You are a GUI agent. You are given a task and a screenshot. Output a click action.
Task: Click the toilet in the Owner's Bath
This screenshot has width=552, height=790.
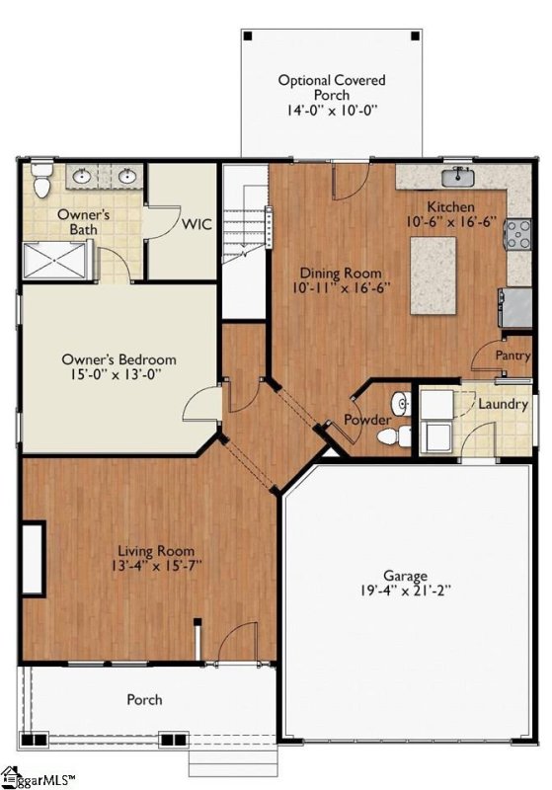point(41,179)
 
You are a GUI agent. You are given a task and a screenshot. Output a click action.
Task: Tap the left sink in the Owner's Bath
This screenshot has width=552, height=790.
point(82,177)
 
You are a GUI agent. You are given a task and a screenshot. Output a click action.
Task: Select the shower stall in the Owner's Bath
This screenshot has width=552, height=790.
point(55,260)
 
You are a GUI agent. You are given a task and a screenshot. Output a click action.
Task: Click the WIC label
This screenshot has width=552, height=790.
point(197,224)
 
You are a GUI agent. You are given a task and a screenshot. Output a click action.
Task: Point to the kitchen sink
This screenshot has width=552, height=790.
point(458,178)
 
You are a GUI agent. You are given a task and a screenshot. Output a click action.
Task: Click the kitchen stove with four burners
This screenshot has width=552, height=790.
point(517,234)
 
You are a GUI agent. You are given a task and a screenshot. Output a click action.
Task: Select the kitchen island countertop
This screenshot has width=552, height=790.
point(434,276)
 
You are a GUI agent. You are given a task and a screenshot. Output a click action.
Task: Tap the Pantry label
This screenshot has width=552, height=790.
point(513,355)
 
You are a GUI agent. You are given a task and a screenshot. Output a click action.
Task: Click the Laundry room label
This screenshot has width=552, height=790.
point(503,404)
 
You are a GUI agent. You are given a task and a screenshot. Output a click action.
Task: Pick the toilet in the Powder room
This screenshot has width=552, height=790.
point(394,435)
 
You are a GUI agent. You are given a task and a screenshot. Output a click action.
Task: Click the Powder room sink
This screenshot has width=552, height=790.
point(401,403)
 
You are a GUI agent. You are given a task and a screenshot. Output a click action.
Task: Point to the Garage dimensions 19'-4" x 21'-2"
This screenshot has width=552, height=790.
point(405,590)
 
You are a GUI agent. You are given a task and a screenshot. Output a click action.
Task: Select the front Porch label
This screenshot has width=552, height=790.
point(144,699)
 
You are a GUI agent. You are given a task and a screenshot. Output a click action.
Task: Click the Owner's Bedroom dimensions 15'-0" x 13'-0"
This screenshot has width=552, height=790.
point(118,374)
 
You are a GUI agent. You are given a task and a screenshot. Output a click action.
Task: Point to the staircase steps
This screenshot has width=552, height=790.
point(244,224)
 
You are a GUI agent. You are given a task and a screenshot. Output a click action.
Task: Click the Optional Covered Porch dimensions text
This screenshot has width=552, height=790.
point(333,111)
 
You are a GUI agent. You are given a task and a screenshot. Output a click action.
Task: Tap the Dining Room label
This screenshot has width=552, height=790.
point(341,274)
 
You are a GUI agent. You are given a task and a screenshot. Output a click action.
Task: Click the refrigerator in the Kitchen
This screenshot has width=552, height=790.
point(515,307)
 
